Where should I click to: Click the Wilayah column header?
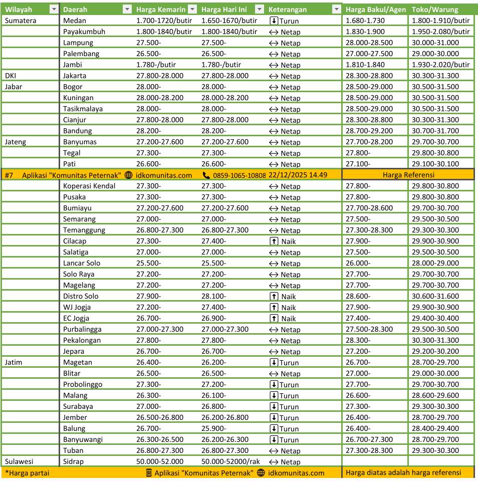(19, 10)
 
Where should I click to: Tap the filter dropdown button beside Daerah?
(127, 10)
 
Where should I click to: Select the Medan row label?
(75, 21)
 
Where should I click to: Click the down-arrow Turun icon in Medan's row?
(274, 21)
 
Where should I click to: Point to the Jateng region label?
(16, 142)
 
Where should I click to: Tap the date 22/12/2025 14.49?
(298, 175)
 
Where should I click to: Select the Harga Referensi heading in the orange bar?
(408, 175)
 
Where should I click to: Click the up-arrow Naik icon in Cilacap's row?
(274, 241)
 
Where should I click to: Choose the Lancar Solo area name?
(82, 263)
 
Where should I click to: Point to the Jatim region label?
(14, 362)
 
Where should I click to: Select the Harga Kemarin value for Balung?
(148, 428)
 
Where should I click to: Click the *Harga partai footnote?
(27, 473)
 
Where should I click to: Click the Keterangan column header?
(288, 10)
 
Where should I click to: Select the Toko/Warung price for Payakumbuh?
(440, 32)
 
